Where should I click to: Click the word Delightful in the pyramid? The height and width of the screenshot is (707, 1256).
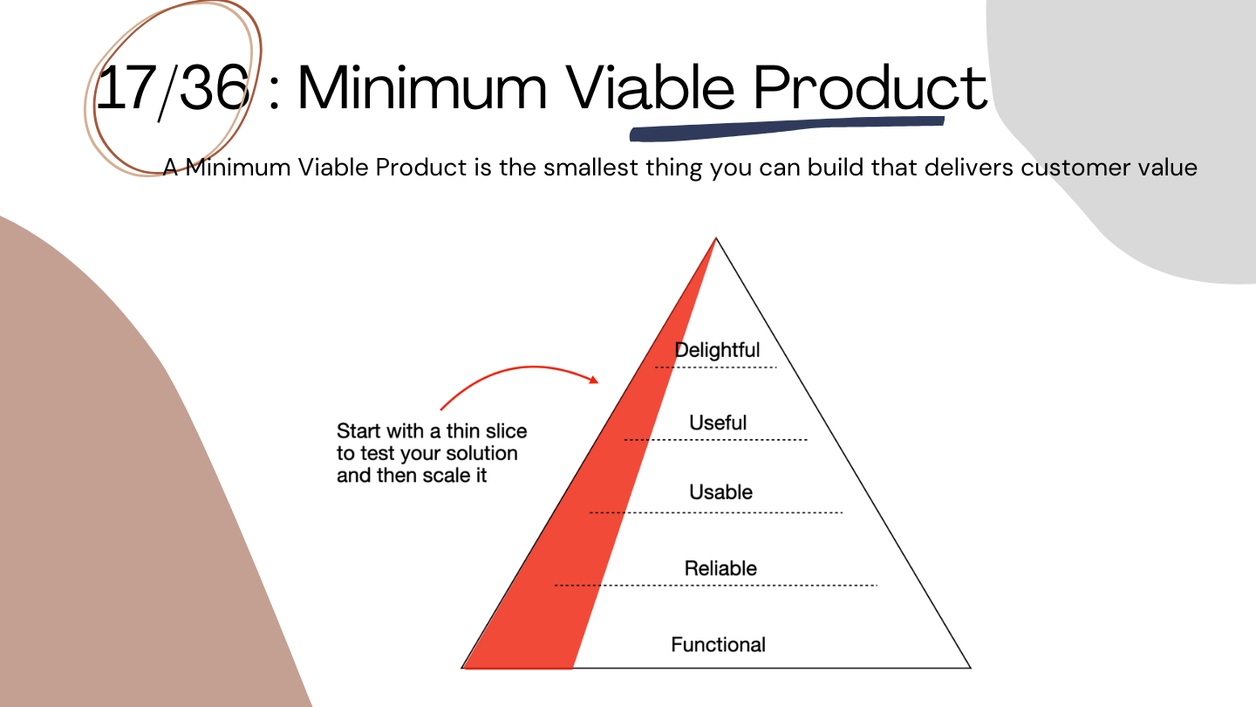pyautogui.click(x=717, y=350)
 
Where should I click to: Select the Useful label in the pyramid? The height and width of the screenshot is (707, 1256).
pyautogui.click(x=718, y=422)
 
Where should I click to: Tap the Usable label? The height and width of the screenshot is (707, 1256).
pyautogui.click(x=720, y=492)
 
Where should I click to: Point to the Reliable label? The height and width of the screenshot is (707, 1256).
pyautogui.click(x=720, y=568)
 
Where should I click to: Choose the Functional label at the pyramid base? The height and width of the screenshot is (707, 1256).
pyautogui.click(x=718, y=645)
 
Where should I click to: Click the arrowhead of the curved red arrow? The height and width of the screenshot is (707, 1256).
pyautogui.click(x=594, y=380)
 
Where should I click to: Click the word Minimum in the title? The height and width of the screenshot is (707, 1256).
pyautogui.click(x=421, y=87)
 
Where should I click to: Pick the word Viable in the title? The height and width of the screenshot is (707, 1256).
pyautogui.click(x=650, y=87)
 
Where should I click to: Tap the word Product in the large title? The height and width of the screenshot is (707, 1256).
pyautogui.click(x=870, y=87)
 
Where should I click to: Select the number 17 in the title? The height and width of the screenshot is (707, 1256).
pyautogui.click(x=126, y=87)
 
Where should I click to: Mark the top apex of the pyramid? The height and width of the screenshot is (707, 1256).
pyautogui.click(x=716, y=238)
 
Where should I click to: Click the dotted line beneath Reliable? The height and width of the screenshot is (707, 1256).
pyautogui.click(x=715, y=585)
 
